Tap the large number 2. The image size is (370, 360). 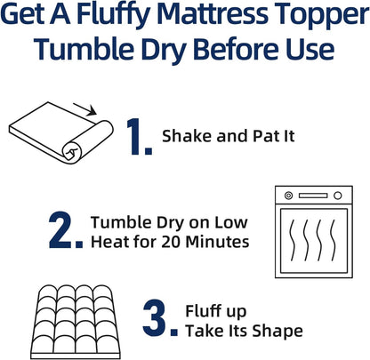point(68,228)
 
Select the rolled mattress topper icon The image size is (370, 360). point(58,132)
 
